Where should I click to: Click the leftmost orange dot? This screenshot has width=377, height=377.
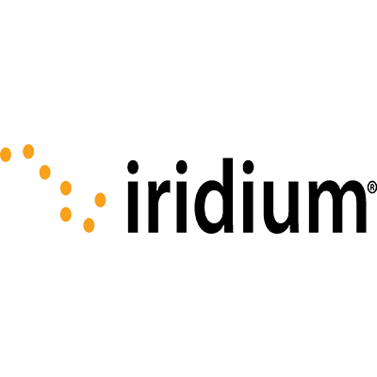[x=6, y=155]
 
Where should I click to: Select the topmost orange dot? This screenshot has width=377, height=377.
[x=28, y=152]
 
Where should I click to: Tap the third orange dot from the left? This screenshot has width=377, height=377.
[x=45, y=172]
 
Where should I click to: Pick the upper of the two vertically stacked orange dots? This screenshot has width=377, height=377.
[x=66, y=188]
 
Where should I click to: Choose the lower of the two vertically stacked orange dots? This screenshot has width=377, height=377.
[x=66, y=214]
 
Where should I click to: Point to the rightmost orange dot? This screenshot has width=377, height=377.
[x=100, y=200]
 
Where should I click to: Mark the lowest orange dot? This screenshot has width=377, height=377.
[x=89, y=225]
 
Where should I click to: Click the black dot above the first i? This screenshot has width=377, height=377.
[x=133, y=167]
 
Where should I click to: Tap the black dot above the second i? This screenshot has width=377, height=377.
[x=182, y=167]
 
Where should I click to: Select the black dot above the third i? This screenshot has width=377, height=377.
[x=248, y=167]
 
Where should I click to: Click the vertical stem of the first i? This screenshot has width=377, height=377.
[x=133, y=206]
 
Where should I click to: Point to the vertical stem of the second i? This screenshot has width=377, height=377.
[x=182, y=206]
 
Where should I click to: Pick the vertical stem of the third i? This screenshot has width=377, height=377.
[x=248, y=206]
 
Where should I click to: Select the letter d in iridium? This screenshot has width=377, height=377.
[x=214, y=196]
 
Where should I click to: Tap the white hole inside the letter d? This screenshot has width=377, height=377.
[x=215, y=206]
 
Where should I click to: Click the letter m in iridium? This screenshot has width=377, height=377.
[x=337, y=206]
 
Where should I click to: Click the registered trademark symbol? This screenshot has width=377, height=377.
[x=371, y=188]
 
